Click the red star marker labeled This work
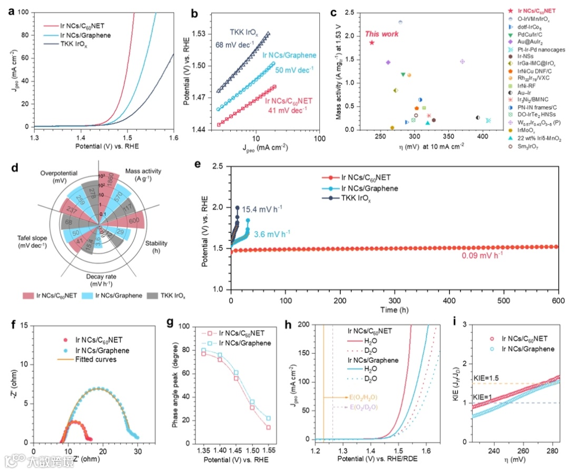371,43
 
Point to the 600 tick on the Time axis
557,299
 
